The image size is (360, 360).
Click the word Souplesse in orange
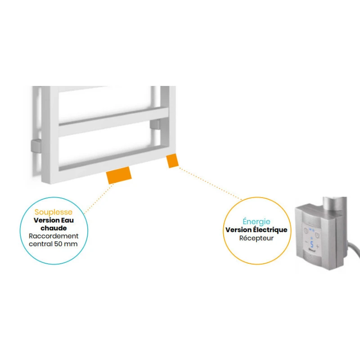54,212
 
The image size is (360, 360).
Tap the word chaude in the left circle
54,228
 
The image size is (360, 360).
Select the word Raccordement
54,236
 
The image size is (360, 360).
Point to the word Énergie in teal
256,221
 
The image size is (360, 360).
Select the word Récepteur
256,238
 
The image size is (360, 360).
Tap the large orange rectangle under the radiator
119,175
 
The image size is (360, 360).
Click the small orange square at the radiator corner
172,161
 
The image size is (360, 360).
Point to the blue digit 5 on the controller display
311,244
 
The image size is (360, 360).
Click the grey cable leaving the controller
354,249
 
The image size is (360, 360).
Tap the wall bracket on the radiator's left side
36,146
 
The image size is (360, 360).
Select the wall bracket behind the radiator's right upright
155,124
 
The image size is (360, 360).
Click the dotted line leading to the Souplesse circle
99,199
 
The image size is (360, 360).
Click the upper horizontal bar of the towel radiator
114,121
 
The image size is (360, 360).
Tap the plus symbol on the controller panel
318,246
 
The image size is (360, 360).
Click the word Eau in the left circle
67,220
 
